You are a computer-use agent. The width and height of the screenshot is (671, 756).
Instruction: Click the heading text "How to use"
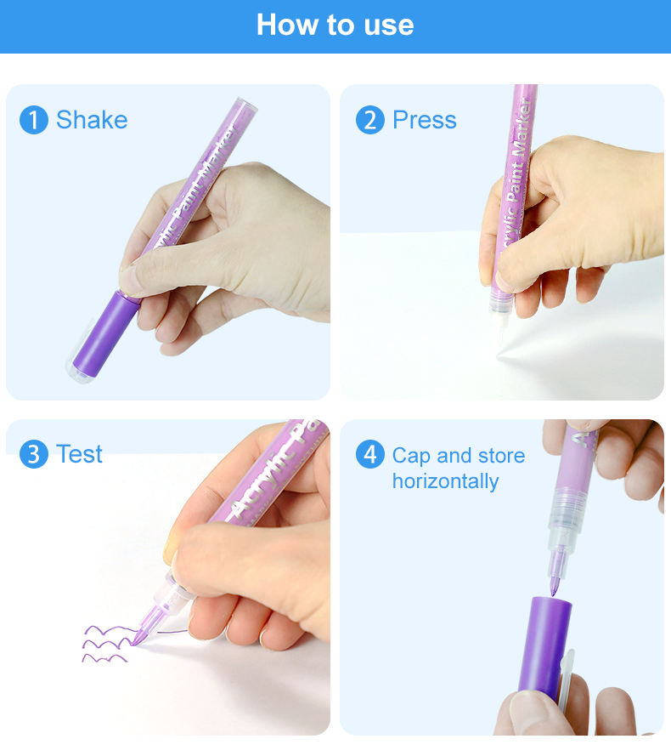[335, 25]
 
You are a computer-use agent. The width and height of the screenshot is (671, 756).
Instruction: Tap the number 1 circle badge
[34, 120]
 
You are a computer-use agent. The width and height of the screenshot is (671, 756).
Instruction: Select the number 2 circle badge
[370, 120]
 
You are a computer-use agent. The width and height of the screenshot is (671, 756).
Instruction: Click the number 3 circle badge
[34, 454]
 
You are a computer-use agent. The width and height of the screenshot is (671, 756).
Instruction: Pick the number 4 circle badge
[370, 454]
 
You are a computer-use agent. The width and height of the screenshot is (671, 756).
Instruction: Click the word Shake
[92, 120]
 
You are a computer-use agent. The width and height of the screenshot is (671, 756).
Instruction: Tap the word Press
[425, 120]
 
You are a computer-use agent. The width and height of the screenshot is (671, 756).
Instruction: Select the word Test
[79, 454]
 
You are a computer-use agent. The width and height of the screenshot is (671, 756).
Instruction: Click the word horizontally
[446, 481]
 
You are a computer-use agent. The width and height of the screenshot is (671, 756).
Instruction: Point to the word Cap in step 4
[411, 457]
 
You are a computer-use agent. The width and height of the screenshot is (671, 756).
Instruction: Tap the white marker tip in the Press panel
[499, 328]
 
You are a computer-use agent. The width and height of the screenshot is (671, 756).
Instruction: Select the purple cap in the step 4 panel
[545, 647]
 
